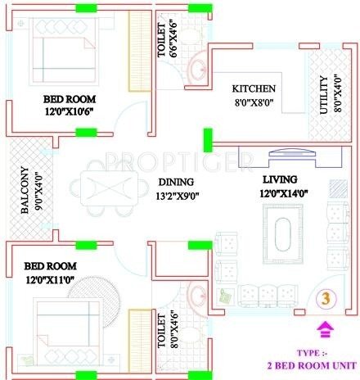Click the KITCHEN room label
point(254,88)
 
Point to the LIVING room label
point(280,179)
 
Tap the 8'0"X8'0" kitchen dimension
point(254,104)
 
